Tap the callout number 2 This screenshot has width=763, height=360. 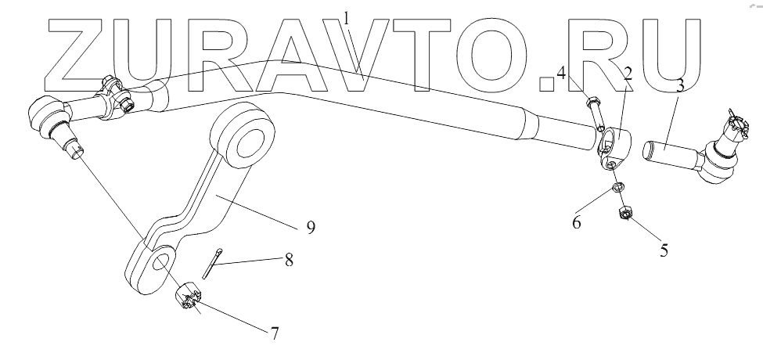[x=628, y=74]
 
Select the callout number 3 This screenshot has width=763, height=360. [x=680, y=85]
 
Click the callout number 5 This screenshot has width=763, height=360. [x=664, y=252]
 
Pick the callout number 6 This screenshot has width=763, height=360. [x=576, y=222]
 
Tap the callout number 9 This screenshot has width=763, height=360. [x=310, y=228]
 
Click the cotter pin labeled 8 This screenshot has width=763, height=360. [x=214, y=261]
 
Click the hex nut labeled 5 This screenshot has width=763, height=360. [x=625, y=211]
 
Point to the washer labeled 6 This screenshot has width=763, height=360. [x=617, y=188]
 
